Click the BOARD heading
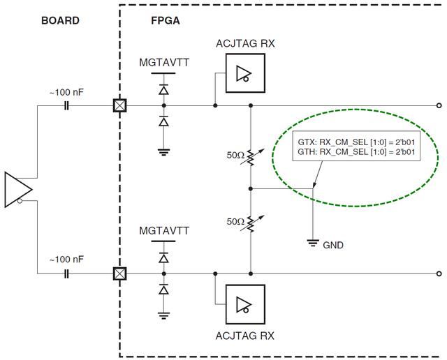click(x=59, y=20)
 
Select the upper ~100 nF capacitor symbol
click(x=66, y=106)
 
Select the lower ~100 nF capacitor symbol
click(x=66, y=273)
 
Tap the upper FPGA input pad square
click(x=120, y=106)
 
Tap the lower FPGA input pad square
click(x=120, y=273)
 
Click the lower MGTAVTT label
click(x=164, y=230)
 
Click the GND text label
click(x=332, y=245)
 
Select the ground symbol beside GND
click(x=314, y=242)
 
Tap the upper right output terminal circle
click(x=438, y=106)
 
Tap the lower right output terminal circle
click(x=438, y=273)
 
